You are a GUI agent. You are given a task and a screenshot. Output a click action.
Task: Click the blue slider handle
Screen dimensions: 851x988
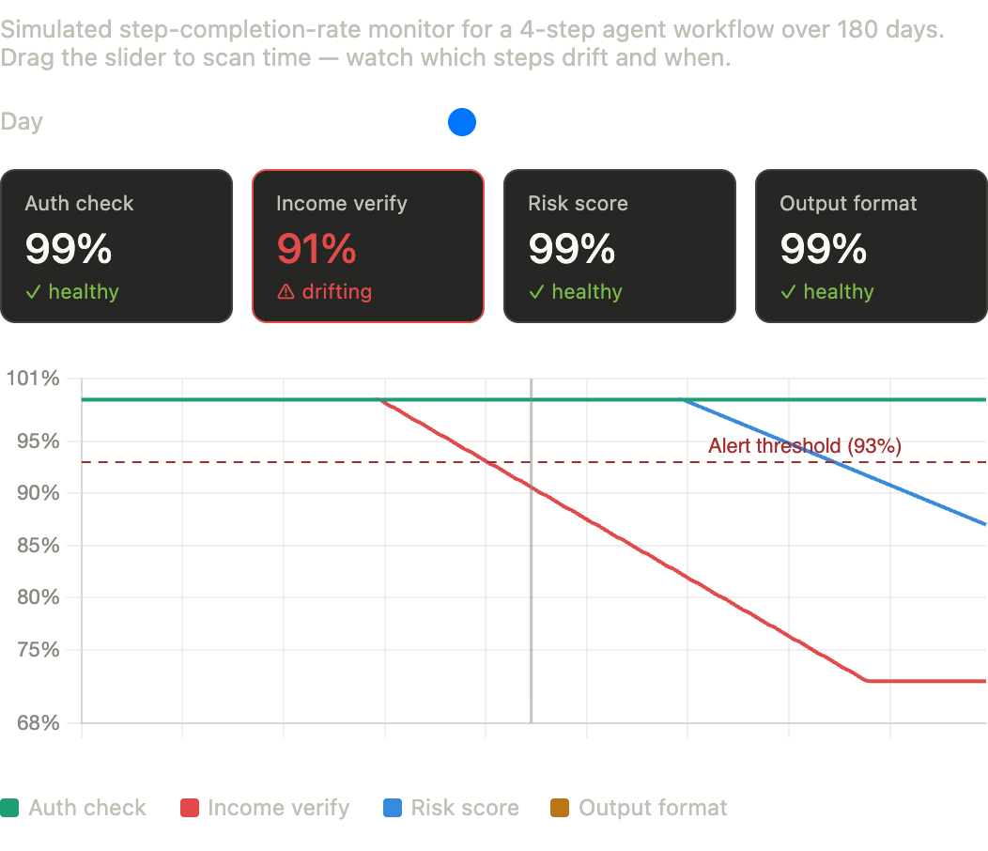[462, 122]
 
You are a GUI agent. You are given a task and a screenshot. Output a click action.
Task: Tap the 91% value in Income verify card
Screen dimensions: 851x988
[316, 249]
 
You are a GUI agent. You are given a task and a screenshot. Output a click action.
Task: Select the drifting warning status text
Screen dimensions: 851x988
[336, 292]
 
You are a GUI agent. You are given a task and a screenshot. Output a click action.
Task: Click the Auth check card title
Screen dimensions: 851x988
[79, 204]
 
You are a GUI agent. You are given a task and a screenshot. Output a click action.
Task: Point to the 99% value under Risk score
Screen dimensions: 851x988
[571, 249]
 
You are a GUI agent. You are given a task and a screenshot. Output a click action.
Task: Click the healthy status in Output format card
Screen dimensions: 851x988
[838, 292]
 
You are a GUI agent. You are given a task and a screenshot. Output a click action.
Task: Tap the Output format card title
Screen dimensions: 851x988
[848, 204]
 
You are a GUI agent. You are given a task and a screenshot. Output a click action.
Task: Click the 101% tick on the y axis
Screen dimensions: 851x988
[33, 379]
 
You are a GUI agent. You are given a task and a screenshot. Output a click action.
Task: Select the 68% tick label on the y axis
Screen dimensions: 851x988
[38, 723]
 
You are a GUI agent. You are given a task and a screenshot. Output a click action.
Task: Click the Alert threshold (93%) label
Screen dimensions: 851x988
[805, 446]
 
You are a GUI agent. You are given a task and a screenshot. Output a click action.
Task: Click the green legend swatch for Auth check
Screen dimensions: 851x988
[9, 808]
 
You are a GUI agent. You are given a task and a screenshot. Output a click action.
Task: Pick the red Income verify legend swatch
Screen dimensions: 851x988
[190, 808]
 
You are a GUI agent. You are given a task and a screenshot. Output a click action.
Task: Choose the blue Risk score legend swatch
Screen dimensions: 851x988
[393, 808]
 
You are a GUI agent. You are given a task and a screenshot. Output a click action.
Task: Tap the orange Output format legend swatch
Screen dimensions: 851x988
[560, 808]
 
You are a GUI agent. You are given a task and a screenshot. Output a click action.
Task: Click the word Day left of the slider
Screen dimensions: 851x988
[22, 122]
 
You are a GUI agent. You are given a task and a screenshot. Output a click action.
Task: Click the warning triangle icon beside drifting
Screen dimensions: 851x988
[286, 293]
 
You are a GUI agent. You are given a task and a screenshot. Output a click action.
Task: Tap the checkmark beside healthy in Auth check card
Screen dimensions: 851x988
[34, 292]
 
